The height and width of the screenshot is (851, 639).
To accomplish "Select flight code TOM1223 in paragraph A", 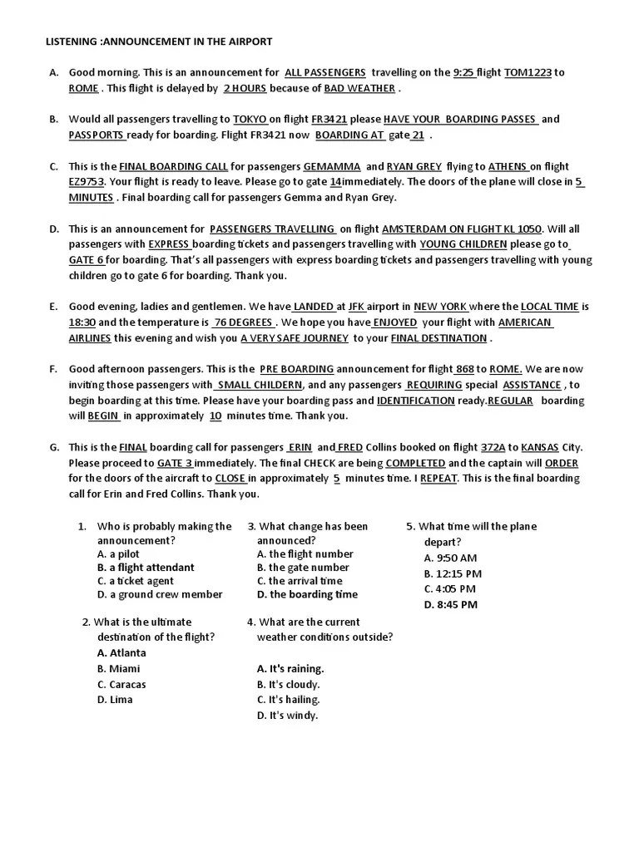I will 528,72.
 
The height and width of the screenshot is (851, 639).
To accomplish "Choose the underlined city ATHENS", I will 507,166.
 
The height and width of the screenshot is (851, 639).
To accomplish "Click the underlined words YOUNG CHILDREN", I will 463,244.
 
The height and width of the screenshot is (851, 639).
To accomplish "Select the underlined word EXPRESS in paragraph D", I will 170,244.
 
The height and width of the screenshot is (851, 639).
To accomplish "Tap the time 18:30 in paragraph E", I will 82,322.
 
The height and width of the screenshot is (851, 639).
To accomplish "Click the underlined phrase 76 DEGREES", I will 243,322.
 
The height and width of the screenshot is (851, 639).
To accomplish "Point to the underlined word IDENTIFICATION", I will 415,401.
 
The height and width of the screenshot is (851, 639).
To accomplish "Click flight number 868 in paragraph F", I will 464,369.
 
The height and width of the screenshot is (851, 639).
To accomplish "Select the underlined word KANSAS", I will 539,447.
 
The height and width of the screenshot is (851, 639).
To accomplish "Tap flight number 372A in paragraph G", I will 493,447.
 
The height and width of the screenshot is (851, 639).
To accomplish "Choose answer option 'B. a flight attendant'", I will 146,568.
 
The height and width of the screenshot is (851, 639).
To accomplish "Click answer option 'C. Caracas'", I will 121,685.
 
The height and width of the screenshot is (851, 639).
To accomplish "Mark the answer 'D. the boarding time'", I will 307,594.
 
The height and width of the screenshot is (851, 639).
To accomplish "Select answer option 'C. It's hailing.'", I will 288,700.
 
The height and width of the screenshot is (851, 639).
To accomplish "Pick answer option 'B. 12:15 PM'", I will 453,573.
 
